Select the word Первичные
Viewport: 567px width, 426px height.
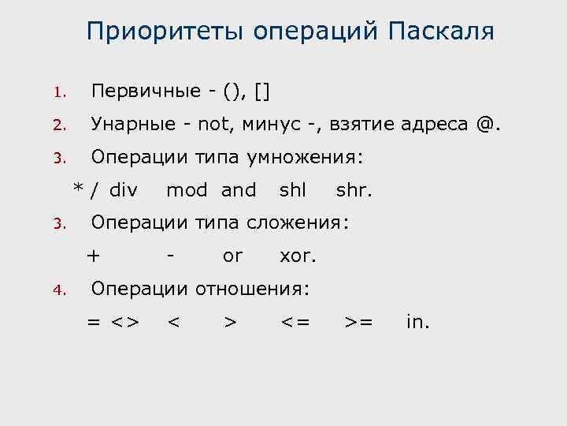pyautogui.click(x=146, y=91)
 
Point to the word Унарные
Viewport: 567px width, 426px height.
pyautogui.click(x=142, y=124)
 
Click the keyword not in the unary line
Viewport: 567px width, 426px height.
pyautogui.click(x=213, y=124)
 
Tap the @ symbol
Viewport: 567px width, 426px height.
pyautogui.click(x=487, y=124)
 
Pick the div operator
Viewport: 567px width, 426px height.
pyautogui.click(x=124, y=190)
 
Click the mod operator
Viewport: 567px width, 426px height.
pyautogui.click(x=187, y=190)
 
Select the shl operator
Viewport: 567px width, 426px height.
pyautogui.click(x=292, y=190)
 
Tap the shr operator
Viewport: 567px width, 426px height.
pyautogui.click(x=353, y=190)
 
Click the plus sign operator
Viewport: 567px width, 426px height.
pyautogui.click(x=94, y=256)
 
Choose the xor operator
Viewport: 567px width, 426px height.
pyautogui.click(x=297, y=256)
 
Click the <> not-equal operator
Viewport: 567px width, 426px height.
pyautogui.click(x=124, y=322)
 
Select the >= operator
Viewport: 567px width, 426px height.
pyautogui.click(x=359, y=322)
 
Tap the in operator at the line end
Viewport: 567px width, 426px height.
pyautogui.click(x=417, y=322)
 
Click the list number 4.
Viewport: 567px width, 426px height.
pyautogui.click(x=57, y=290)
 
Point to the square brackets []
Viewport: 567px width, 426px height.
pyautogui.click(x=262, y=91)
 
